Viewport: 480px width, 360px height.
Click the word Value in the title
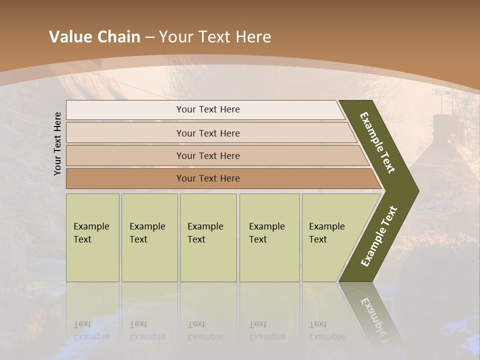click(x=69, y=37)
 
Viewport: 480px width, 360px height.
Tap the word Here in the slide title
click(x=253, y=37)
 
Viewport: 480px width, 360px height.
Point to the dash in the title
click(x=149, y=37)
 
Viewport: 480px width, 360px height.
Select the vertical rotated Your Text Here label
click(x=57, y=143)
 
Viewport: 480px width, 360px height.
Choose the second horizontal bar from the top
click(x=208, y=133)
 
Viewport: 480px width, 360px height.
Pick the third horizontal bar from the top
click(x=208, y=155)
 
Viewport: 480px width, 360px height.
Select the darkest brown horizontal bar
click(x=208, y=178)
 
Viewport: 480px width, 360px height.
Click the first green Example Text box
click(x=92, y=237)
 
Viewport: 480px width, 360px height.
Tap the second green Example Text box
click(x=149, y=237)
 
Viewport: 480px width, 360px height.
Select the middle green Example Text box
click(x=208, y=237)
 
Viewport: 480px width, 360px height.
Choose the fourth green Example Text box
click(x=269, y=237)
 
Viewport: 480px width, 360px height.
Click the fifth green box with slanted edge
click(x=330, y=237)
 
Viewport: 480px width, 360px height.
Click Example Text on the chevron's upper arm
click(x=377, y=142)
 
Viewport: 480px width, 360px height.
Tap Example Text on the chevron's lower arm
click(x=379, y=236)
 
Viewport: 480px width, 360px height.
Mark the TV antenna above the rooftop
click(x=443, y=93)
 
